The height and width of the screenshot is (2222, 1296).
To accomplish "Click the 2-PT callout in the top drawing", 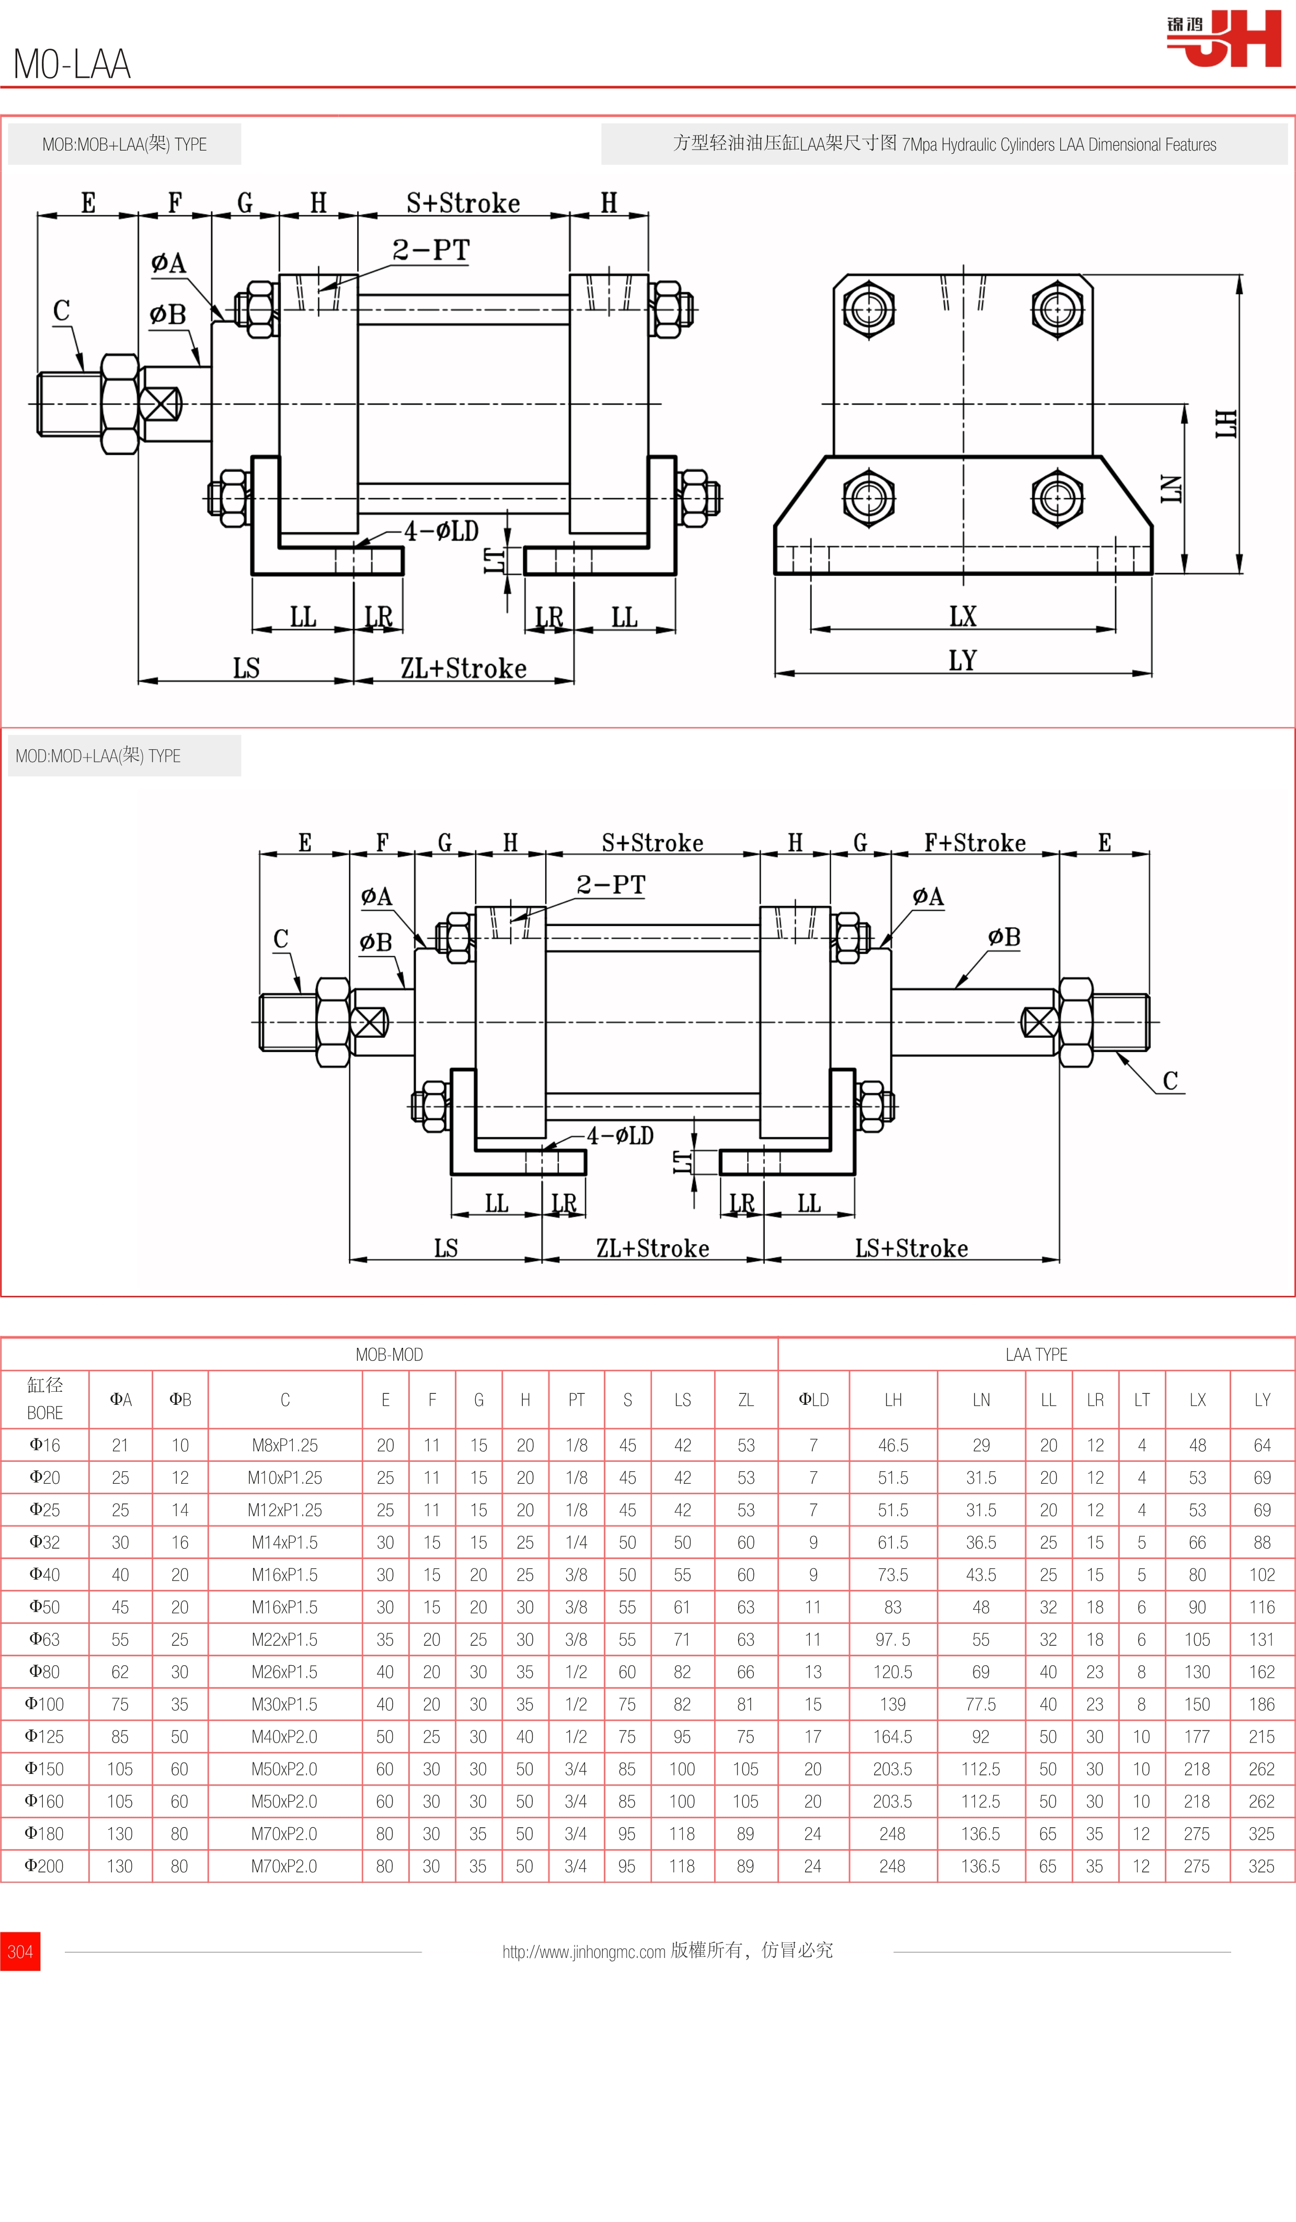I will (431, 250).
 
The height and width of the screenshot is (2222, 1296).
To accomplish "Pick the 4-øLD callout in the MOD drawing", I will (621, 1136).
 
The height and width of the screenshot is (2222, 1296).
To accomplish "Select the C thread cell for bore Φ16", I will (285, 1445).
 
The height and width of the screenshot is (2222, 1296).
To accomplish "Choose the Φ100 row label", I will (44, 1703).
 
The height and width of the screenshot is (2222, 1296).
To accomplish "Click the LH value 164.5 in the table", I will (892, 1736).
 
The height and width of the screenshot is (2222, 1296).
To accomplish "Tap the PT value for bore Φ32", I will (576, 1542).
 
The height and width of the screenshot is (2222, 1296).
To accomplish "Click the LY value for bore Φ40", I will (1261, 1575).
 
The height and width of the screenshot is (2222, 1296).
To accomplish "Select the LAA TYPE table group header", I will (1036, 1354).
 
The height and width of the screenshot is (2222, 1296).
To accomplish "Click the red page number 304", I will (20, 1951).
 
